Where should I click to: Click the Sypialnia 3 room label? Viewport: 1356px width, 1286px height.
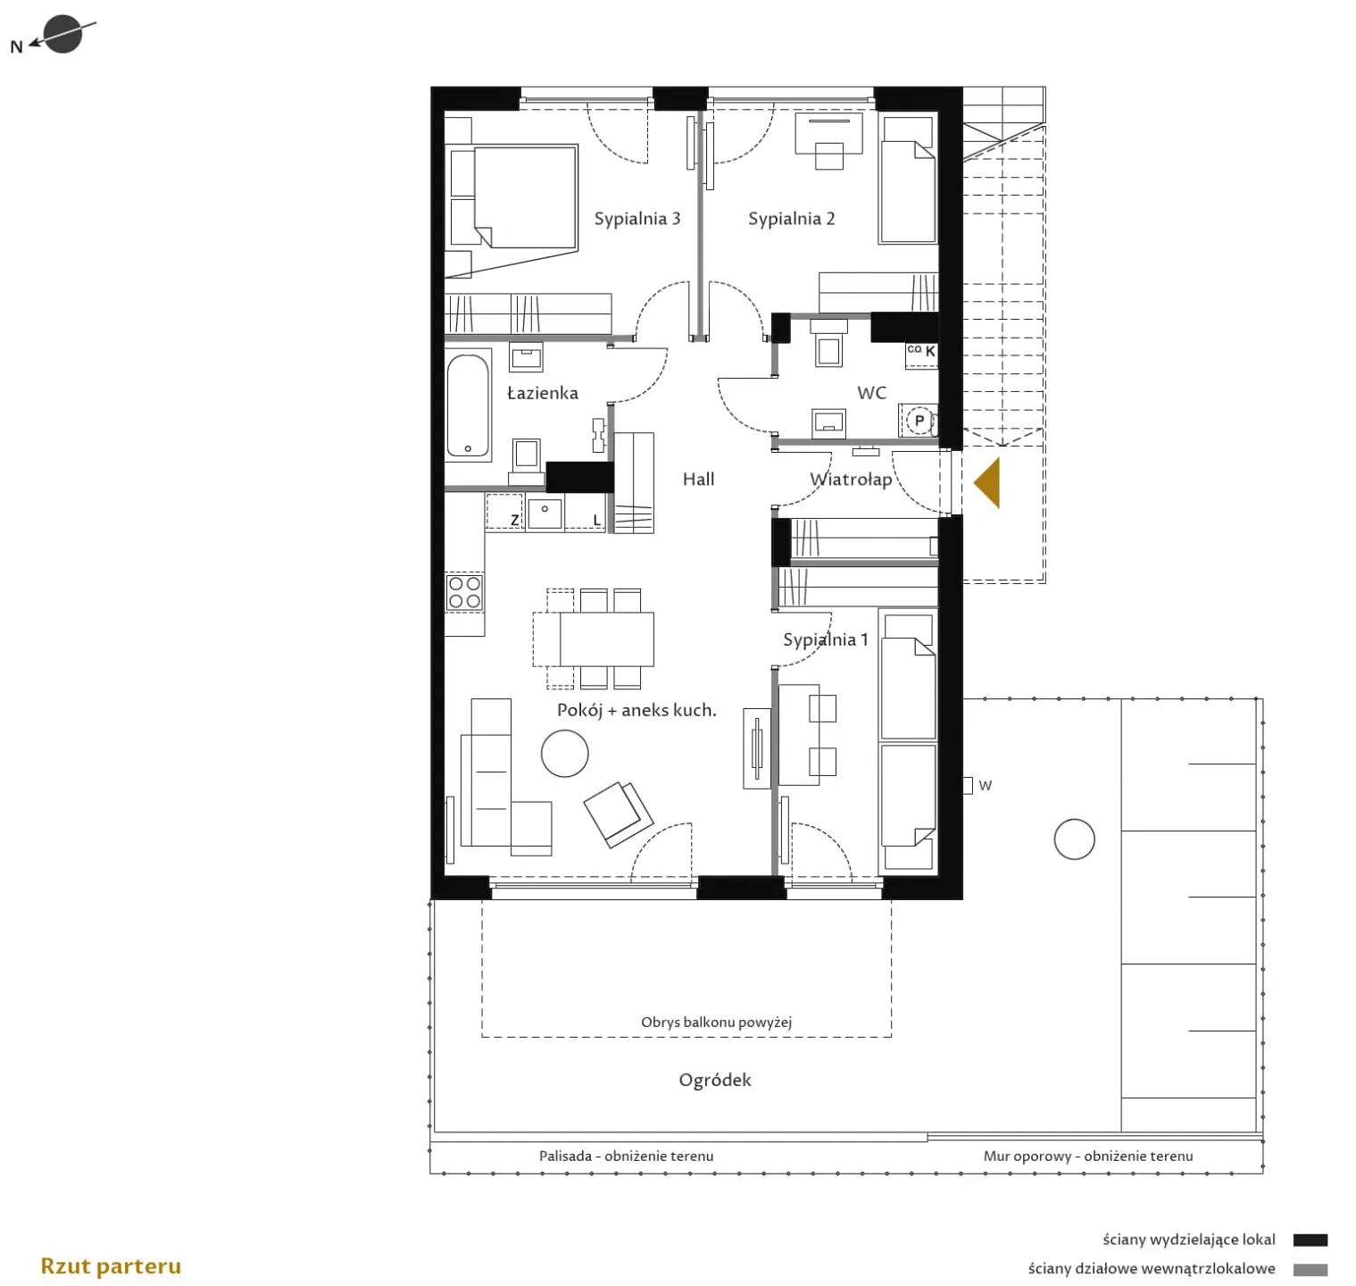coord(637,219)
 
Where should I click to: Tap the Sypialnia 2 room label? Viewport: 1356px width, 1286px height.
coord(791,219)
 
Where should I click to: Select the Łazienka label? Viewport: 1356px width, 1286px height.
coord(543,393)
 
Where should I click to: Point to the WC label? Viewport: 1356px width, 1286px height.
coord(871,393)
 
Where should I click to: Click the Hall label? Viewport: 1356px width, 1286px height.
coord(698,480)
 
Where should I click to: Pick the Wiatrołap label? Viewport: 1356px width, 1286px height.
coord(851,480)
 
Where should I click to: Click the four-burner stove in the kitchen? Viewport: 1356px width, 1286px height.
coord(464,592)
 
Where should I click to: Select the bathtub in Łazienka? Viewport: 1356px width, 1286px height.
coord(468,406)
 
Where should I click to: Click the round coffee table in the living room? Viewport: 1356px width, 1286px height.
coord(565,753)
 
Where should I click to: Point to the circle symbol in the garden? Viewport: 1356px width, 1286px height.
coord(1074,839)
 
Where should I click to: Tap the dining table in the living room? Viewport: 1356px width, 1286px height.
coord(607,639)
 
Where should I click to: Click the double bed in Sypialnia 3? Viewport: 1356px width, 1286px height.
coord(525,197)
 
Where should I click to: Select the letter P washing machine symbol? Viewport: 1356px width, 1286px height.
coord(919,421)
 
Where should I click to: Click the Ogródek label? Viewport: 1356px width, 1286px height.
coord(715,1081)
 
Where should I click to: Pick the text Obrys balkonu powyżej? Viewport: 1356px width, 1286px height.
coord(716,1022)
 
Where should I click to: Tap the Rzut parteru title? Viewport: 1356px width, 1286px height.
coord(111,1266)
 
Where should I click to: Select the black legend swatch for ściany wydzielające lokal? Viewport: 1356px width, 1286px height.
coord(1310,1240)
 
